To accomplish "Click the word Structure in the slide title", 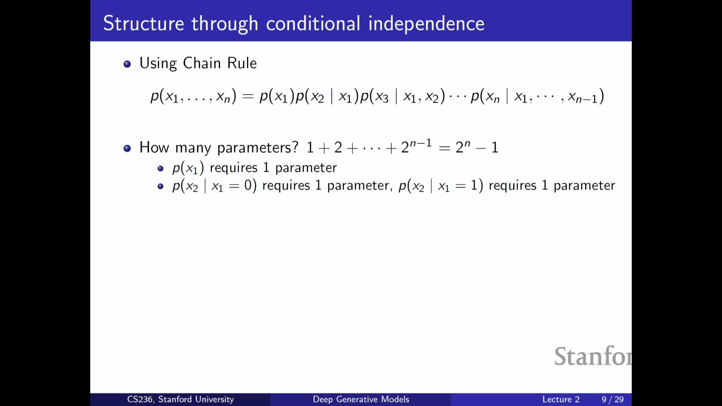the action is coord(144,23).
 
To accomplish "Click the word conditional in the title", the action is coord(313,23).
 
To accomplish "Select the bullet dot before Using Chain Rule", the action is coord(127,64).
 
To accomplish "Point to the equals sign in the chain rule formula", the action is coord(248,97).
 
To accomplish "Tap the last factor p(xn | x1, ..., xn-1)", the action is coord(537,97).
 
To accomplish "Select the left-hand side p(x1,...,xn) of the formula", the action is coord(193,97).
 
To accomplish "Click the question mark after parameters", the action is coord(295,147).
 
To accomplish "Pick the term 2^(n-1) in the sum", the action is coord(416,146).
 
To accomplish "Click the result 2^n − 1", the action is coord(477,147).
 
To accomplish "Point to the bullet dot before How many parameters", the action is coord(127,148).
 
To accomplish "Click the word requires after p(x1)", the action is coord(234,168).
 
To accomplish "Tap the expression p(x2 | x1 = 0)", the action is coord(214,186).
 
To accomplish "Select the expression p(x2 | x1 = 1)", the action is coord(441,186).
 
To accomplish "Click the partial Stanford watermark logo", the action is coord(593,356).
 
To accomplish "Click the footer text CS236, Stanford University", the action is coord(180,399).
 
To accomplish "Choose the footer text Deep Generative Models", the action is coord(361,399).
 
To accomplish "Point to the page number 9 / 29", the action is coord(613,399).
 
